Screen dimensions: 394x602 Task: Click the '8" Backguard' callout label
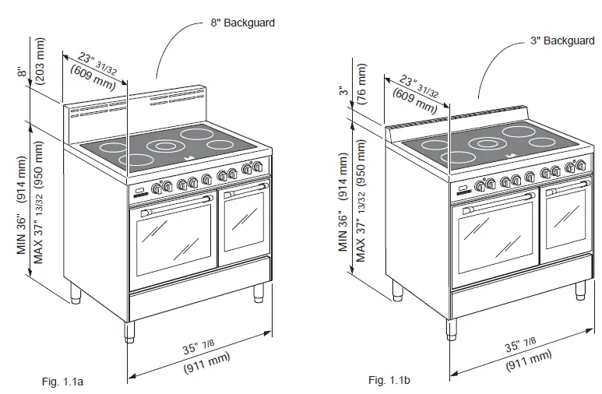point(242,23)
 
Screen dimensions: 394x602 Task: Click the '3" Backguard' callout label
point(563,40)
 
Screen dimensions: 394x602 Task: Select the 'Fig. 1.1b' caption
point(389,380)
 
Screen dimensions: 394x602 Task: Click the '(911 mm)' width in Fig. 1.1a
point(207,364)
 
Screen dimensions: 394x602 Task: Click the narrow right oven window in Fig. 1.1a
point(245,222)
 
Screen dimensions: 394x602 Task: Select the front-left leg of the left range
point(129,330)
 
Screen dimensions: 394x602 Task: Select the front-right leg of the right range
point(580,289)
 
